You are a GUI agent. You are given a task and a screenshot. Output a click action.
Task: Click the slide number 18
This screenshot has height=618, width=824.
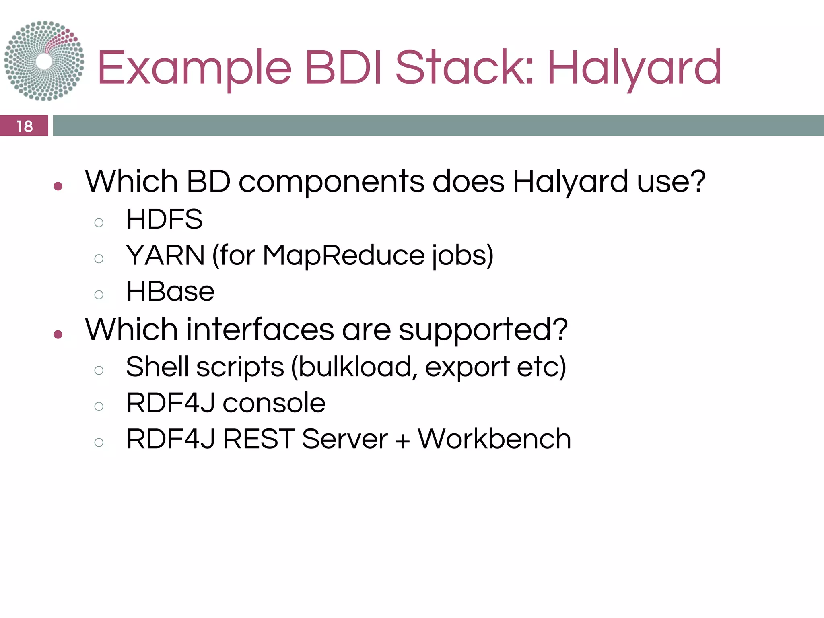(x=25, y=126)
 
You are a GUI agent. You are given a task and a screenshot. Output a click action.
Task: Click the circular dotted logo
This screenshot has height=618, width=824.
(x=44, y=61)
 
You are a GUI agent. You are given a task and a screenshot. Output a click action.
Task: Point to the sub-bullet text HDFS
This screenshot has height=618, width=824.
(x=164, y=219)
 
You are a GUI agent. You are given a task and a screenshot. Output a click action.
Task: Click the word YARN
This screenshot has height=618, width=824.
(x=165, y=255)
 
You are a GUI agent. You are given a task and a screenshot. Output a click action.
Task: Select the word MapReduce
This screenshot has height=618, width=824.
(x=344, y=256)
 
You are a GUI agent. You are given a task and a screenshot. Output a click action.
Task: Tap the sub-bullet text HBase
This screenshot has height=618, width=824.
(x=170, y=292)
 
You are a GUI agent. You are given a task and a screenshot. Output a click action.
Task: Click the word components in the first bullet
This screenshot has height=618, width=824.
(x=331, y=182)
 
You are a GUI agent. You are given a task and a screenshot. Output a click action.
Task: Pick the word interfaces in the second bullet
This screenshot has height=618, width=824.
(x=260, y=330)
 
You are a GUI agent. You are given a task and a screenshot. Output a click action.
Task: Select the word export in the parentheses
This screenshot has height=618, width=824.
(x=467, y=367)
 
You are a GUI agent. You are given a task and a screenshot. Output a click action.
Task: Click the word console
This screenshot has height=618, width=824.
(x=274, y=403)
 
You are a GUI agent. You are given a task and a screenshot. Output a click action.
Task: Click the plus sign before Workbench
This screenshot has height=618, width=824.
(x=402, y=441)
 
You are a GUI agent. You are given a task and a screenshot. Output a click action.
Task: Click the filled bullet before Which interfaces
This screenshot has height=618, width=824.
(x=58, y=334)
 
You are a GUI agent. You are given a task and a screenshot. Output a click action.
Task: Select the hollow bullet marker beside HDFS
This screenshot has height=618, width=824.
(x=99, y=222)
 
